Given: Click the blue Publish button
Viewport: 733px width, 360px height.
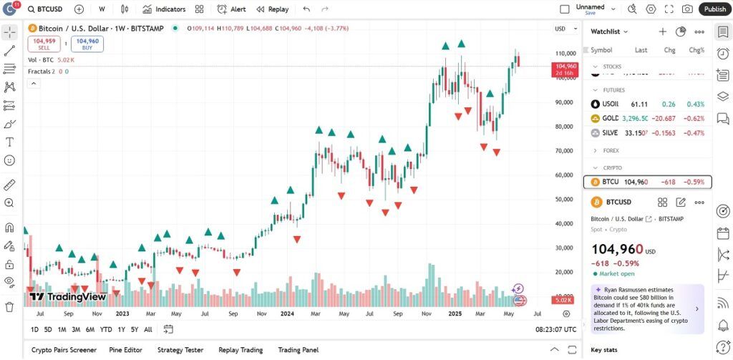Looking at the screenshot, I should [x=714, y=9].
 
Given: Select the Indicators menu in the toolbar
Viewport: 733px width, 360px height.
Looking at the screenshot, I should [x=164, y=9].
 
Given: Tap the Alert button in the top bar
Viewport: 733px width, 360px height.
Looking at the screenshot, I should [x=231, y=9].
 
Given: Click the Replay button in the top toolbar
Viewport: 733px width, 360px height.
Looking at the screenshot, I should [x=272, y=9].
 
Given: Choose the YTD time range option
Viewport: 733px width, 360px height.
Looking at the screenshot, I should [x=106, y=329].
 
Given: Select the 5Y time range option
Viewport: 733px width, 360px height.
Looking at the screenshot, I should [x=135, y=329].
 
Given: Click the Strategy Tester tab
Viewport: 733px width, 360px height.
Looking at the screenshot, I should [x=180, y=350].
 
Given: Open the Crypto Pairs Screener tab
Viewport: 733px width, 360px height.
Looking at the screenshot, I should [x=64, y=350].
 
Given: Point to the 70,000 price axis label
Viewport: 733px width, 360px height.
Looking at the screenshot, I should [x=565, y=151].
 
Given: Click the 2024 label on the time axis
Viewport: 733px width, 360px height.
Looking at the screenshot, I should [x=287, y=313].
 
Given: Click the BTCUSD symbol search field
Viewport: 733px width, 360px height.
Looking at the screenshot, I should [x=49, y=9].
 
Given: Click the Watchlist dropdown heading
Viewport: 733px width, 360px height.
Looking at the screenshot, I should [x=609, y=31].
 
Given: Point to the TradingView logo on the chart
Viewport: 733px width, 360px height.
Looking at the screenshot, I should [x=67, y=297].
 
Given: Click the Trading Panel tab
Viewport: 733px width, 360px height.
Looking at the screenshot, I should [x=298, y=350].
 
